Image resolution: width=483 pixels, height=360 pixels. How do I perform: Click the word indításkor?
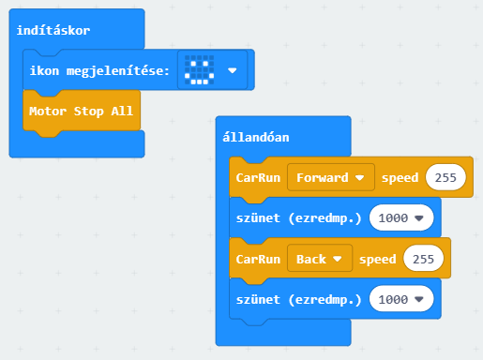tap(53, 30)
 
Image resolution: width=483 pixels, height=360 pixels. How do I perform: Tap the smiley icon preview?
tap(200, 70)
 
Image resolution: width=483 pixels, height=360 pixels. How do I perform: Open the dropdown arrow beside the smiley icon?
tap(233, 70)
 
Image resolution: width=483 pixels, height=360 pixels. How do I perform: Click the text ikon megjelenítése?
tap(99, 71)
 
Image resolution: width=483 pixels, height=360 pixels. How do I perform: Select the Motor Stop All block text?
tap(81, 111)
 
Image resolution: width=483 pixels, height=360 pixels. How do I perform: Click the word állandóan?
tap(256, 138)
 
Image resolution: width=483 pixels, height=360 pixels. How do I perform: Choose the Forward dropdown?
tap(331, 177)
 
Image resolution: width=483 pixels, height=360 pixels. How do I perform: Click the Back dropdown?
tap(320, 259)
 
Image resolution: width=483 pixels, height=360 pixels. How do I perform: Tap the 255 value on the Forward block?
tap(445, 177)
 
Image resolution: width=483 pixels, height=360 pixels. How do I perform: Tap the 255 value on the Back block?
tap(423, 259)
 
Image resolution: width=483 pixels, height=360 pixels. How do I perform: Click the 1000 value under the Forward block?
tap(401, 217)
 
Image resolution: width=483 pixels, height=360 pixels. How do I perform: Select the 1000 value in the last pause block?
tap(401, 299)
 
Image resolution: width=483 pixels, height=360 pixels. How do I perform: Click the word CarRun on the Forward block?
tap(258, 178)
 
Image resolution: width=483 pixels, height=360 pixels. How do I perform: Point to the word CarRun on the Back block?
tap(258, 259)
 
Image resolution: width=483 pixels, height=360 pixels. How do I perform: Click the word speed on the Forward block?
tap(400, 178)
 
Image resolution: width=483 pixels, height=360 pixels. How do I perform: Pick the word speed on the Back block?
tap(378, 259)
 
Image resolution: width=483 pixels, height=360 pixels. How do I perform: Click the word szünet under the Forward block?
tap(258, 217)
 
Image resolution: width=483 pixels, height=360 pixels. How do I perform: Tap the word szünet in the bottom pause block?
tap(258, 299)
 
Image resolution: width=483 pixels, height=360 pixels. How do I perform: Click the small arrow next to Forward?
tap(360, 178)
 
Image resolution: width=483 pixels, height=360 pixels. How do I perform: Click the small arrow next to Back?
tap(338, 259)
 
